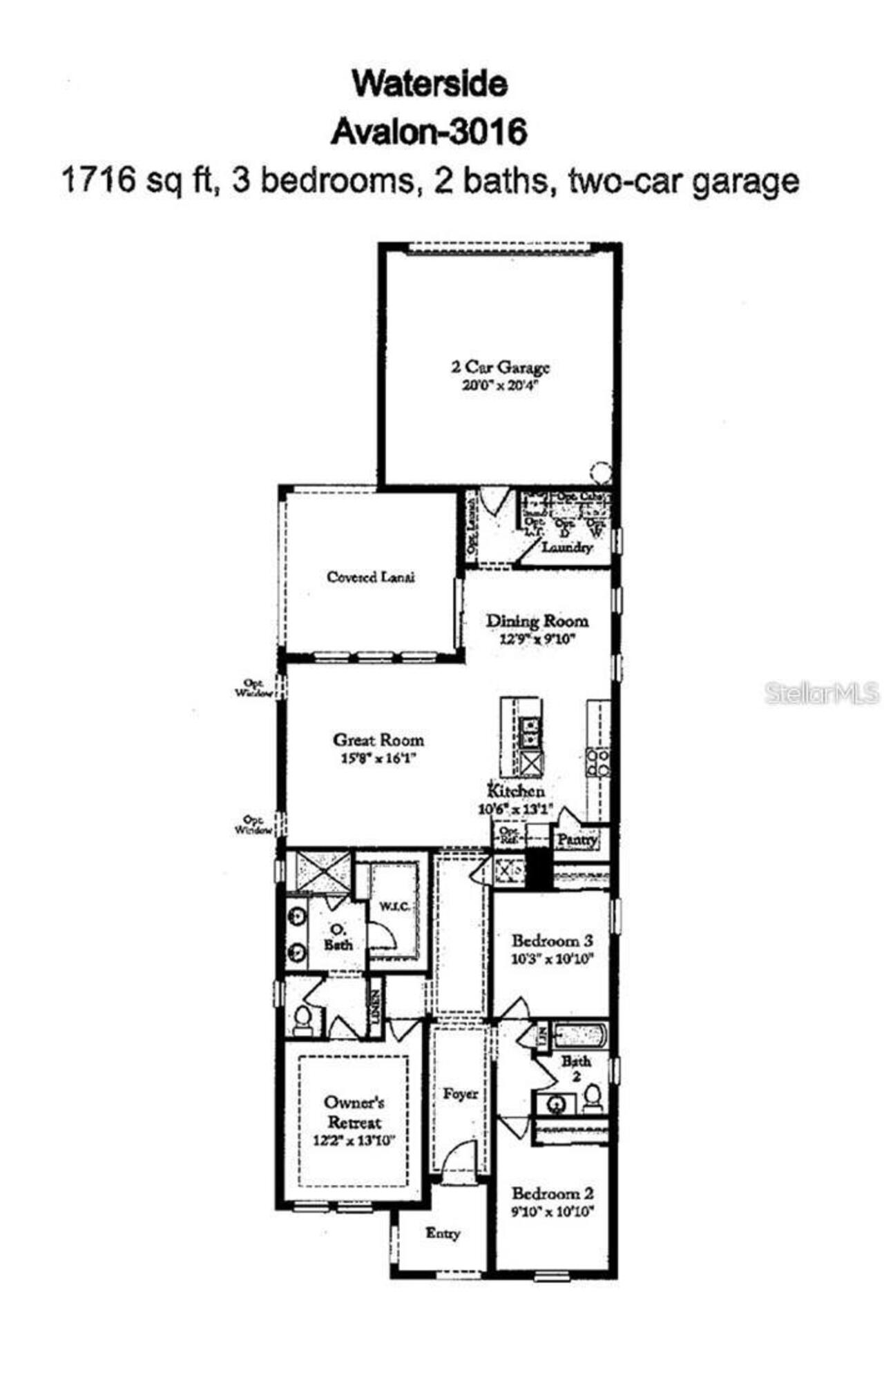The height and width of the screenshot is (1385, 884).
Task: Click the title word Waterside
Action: tap(430, 84)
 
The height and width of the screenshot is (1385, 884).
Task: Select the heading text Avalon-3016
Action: tap(429, 132)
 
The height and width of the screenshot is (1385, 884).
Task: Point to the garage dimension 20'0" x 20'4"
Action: tap(500, 386)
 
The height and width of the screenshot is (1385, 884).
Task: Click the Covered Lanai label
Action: tap(371, 577)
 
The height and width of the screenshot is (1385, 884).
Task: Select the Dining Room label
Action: tap(537, 620)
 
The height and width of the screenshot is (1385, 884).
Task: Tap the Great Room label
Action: tap(378, 740)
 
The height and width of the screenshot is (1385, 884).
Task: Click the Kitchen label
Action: tap(516, 791)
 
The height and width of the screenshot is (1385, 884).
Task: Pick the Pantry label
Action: tap(577, 840)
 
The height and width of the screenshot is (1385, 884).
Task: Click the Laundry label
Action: tap(567, 547)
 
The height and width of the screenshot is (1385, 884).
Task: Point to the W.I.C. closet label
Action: tap(392, 905)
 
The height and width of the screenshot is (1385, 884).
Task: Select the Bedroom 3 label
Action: tap(552, 940)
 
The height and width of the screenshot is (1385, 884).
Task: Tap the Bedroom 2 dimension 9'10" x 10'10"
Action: tap(552, 1212)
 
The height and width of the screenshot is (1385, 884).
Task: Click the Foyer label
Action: tap(460, 1094)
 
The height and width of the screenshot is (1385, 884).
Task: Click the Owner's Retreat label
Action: tap(354, 1112)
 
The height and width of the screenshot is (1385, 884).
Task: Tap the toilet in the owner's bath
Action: tap(302, 1019)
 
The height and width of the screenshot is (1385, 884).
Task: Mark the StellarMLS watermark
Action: tap(822, 693)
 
